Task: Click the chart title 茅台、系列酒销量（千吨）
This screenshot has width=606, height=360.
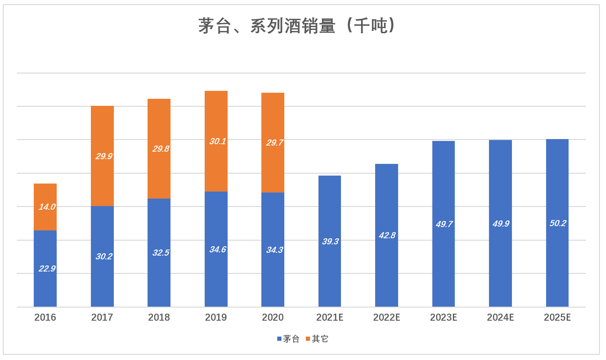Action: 298,27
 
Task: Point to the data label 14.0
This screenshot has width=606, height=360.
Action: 47,206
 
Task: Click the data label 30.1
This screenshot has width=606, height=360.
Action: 218,141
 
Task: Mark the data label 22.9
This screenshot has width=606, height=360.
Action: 47,269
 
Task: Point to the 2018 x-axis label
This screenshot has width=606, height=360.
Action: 159,317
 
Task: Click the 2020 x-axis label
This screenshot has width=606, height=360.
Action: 273,317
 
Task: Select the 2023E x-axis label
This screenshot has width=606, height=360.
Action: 443,317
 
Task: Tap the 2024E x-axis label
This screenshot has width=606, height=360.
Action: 500,317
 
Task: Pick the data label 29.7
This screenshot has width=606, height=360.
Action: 274,143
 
